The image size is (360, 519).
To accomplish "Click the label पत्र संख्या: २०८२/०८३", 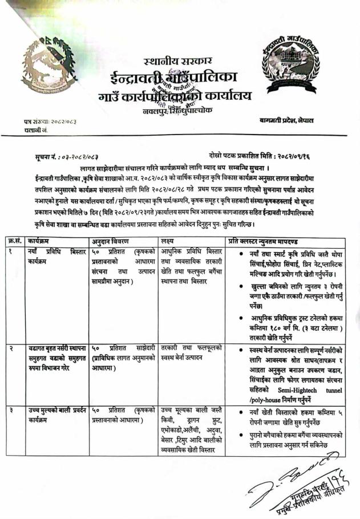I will (x=50, y=121).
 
